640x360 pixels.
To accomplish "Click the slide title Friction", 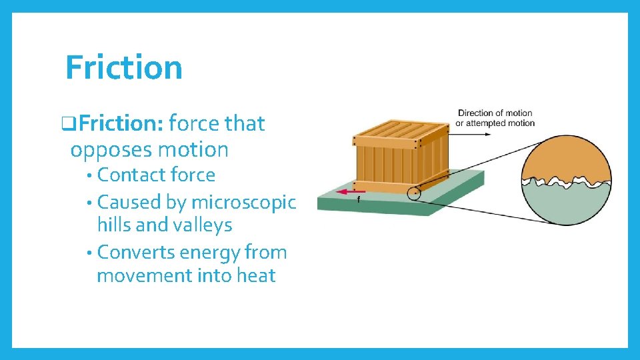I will tap(124, 67).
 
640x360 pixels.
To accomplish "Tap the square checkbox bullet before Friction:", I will tap(65, 124).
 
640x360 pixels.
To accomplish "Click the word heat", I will tap(254, 276).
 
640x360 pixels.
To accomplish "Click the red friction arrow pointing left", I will tap(351, 191).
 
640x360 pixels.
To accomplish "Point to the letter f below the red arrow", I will tap(359, 199).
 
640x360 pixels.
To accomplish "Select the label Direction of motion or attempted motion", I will tap(496, 118).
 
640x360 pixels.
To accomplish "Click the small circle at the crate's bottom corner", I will tap(415, 194).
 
